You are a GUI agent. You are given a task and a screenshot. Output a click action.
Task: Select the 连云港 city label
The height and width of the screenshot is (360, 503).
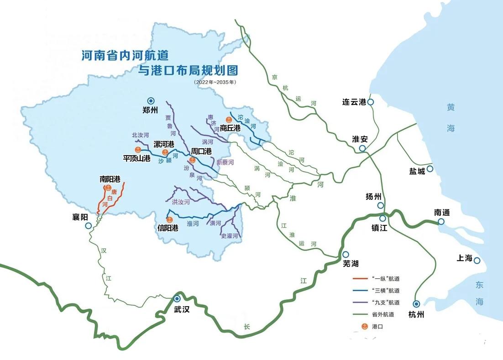354,102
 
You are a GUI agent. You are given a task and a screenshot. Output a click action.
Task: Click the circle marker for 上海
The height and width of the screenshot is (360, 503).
477,261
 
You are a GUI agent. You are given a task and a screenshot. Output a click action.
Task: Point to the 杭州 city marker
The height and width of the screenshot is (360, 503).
416,304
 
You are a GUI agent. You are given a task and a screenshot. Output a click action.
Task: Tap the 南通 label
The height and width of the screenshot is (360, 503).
442,212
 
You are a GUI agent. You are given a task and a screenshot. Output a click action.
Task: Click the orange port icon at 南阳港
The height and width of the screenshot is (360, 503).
108,188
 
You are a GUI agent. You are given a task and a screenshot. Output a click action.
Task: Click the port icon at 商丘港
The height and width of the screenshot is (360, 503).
223,120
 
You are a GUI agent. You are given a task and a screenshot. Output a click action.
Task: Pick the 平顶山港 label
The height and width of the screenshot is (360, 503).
136,158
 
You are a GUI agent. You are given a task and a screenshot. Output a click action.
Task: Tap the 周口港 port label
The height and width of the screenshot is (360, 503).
201,151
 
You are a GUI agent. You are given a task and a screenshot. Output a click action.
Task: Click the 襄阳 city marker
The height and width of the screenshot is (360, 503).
89,225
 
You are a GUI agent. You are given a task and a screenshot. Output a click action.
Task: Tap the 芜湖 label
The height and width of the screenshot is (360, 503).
351,263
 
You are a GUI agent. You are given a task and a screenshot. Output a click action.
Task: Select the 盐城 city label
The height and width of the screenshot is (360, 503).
417,171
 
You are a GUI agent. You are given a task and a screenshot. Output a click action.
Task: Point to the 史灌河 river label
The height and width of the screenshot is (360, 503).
229,236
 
